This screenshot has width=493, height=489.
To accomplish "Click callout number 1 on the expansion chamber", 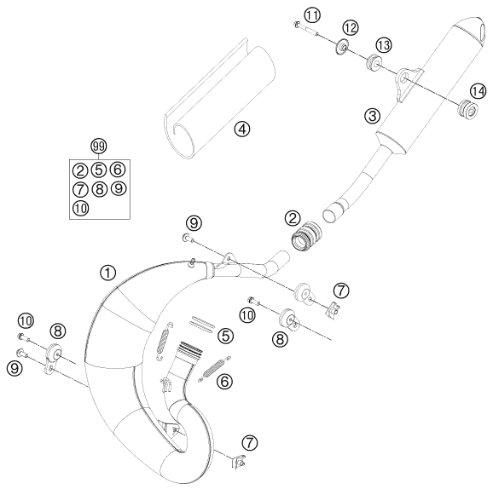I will [x=107, y=273].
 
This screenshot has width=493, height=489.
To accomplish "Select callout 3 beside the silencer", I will [x=346, y=115].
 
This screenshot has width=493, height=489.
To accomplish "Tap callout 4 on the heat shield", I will [x=243, y=130].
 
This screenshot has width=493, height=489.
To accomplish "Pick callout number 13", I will [x=384, y=44].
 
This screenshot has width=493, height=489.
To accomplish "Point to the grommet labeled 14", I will [x=465, y=108].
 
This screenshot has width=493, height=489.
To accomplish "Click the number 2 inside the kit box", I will [x=79, y=169].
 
